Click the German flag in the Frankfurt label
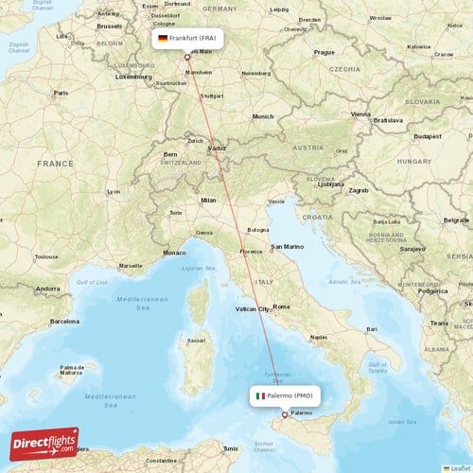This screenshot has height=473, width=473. [163, 38]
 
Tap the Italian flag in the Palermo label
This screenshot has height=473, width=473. [261, 395]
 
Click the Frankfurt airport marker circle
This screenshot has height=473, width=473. [187, 57]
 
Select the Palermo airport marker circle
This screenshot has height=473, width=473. [285, 414]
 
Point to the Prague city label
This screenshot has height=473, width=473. [324, 53]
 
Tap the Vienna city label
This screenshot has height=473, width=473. [360, 114]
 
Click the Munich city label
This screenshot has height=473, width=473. [262, 116]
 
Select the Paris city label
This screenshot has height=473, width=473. [61, 93]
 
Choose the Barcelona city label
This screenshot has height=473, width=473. [64, 321]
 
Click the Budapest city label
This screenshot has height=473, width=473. [427, 136]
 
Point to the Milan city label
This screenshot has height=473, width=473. [208, 200]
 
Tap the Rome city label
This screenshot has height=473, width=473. [282, 306]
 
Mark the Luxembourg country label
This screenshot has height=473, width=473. [133, 77]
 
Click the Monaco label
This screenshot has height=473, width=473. [175, 253]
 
